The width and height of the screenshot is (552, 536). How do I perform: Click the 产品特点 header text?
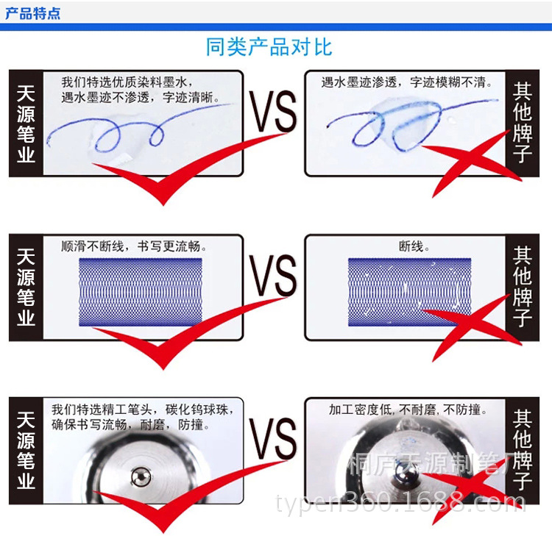[32, 14]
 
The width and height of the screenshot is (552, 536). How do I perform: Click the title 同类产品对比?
[269, 47]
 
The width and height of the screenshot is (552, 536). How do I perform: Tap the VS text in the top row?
[274, 112]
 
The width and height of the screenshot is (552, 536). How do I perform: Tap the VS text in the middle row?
[274, 276]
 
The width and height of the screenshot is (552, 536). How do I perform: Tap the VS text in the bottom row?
[274, 440]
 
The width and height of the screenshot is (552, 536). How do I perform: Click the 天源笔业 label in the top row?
[26, 124]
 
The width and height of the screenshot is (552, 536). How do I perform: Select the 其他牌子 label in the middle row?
[523, 287]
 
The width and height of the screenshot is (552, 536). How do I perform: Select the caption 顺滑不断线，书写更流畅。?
[134, 246]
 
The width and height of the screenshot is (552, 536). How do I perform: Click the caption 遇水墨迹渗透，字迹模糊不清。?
[406, 82]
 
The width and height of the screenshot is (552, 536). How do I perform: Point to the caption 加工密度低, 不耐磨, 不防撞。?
[408, 410]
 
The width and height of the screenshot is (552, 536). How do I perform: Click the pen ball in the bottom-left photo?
[141, 477]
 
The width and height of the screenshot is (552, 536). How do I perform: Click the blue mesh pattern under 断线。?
[409, 292]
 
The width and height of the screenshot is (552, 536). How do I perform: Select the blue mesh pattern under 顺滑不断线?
[141, 292]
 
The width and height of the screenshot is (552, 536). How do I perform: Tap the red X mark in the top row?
[472, 160]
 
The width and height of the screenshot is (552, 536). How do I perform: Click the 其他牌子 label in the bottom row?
[523, 450]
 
